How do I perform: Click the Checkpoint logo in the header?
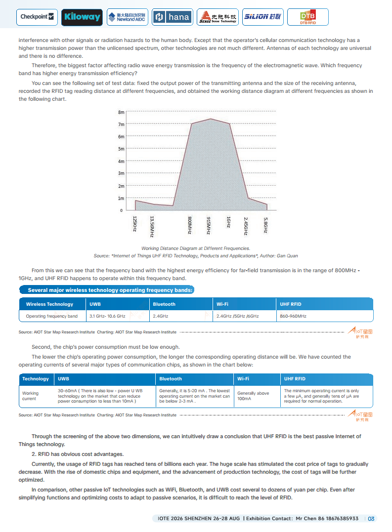point(37,17)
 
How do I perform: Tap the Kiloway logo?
point(82,17)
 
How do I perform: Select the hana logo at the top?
point(172,17)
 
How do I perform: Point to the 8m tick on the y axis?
point(121,112)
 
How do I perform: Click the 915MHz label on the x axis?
point(209,225)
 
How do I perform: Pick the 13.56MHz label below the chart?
point(152,227)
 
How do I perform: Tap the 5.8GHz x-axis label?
point(266,225)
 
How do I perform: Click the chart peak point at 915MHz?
point(210,119)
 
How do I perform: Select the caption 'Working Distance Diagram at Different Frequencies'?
point(196,248)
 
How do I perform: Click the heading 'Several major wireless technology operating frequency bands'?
point(110,290)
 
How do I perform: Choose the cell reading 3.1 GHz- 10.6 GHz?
point(107,316)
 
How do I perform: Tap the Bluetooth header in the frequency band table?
point(164,304)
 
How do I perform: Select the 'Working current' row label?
point(30,396)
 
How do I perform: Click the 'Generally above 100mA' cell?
point(253,396)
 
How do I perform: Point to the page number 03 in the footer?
point(371,519)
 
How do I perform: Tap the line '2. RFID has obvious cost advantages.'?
point(78,454)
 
